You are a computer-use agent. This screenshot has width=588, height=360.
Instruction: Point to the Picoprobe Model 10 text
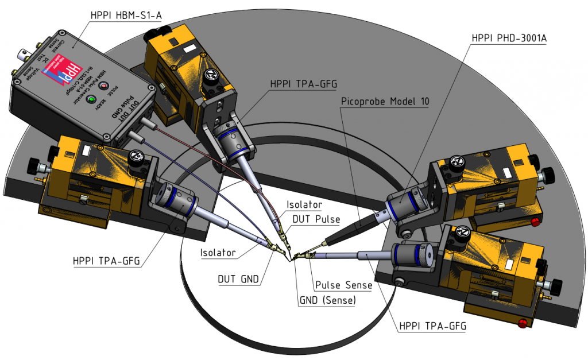[x=385, y=101]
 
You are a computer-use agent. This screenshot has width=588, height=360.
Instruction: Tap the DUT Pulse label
[x=316, y=219]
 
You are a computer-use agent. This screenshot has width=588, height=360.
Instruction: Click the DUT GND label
[x=238, y=280]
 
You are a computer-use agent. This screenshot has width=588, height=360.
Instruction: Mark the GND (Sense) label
[x=327, y=300]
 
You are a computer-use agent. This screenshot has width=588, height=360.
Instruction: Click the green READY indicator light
[x=90, y=100]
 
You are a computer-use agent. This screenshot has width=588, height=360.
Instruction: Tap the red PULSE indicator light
[x=105, y=86]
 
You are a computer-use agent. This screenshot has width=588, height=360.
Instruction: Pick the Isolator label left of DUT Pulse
[x=218, y=253]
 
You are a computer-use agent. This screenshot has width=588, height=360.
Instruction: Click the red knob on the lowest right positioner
[x=523, y=324]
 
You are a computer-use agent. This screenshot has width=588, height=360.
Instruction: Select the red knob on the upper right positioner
[x=535, y=222]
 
